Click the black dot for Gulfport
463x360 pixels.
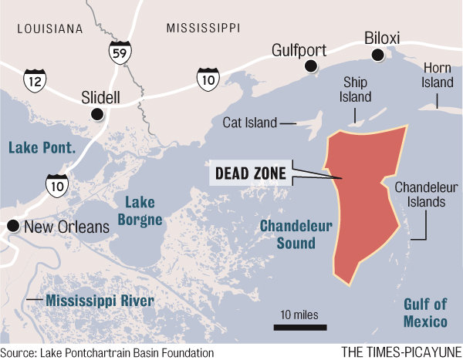[311, 67]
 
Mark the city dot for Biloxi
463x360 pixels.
[377, 55]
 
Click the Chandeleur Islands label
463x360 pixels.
[420, 195]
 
